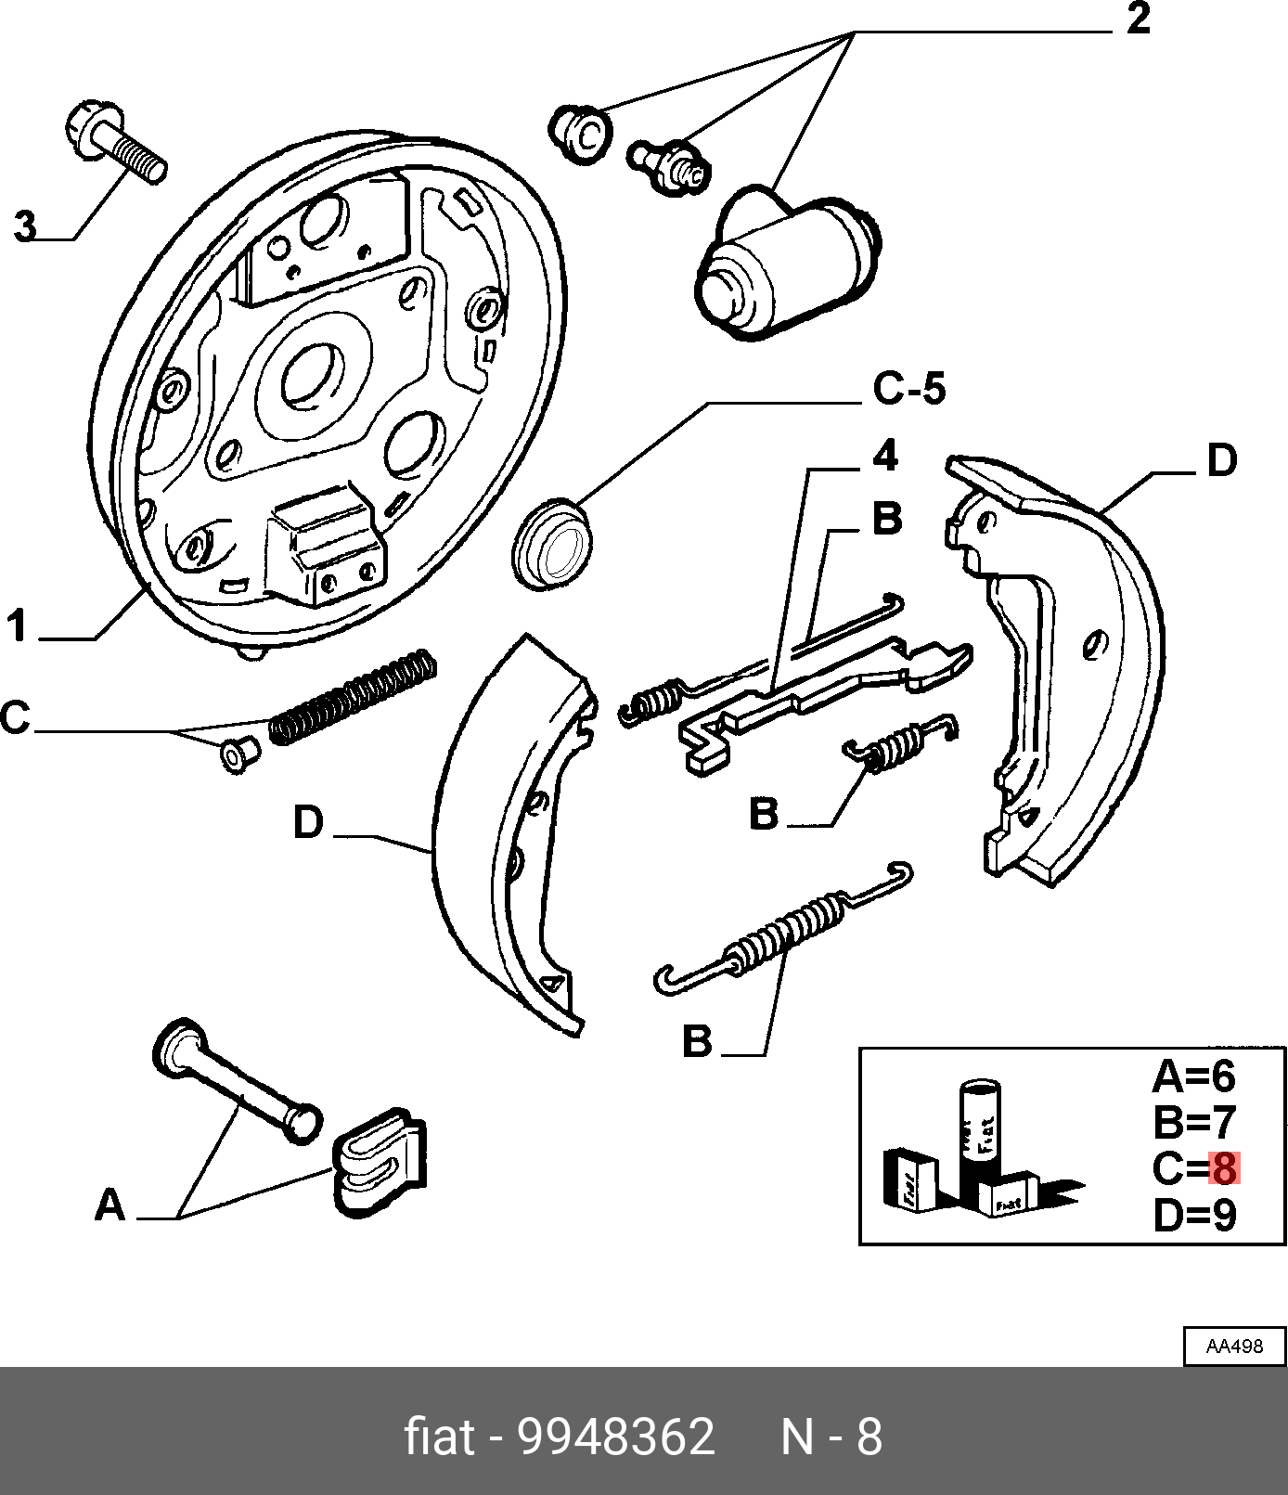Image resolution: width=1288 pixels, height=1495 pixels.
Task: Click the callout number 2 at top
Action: [x=1139, y=19]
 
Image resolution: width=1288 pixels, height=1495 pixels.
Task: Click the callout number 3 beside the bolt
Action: [x=25, y=226]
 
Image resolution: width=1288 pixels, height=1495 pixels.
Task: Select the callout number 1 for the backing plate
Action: [x=17, y=626]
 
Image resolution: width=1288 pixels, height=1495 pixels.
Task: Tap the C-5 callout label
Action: [x=908, y=388]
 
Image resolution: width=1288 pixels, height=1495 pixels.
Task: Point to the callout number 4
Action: [x=886, y=456]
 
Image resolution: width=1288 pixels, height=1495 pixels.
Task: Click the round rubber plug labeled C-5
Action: [x=553, y=545]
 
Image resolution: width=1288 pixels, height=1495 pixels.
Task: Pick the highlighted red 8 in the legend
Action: [x=1224, y=1168]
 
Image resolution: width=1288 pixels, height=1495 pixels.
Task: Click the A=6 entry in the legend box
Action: [x=1194, y=1076]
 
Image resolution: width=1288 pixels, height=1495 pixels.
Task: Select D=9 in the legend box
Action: [x=1194, y=1216]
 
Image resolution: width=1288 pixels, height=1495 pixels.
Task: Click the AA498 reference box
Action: [x=1234, y=1347]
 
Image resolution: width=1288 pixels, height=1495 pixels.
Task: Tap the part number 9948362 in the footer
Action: [x=615, y=1437]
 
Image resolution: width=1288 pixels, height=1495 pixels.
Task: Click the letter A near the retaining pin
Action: [x=109, y=1205]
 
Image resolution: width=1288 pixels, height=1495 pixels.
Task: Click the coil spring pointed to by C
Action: [x=353, y=696]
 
